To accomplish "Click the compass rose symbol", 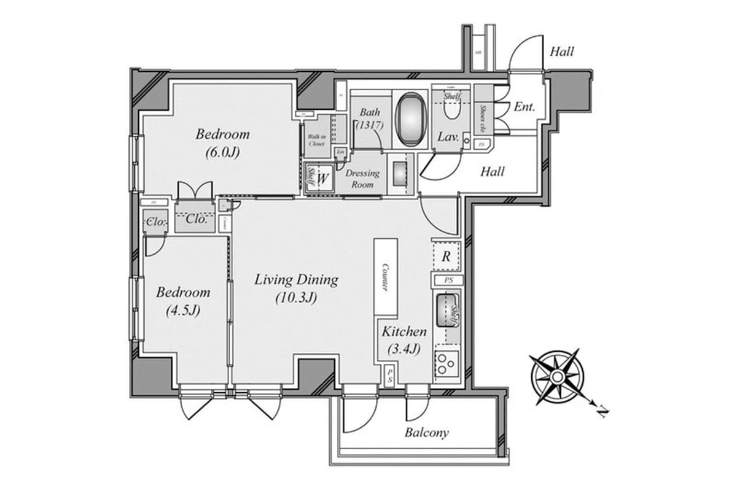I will click(x=556, y=376).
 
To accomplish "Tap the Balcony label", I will click(x=426, y=433).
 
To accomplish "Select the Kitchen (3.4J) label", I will click(x=404, y=341).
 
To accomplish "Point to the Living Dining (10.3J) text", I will click(x=297, y=288).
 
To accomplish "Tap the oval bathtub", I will click(x=410, y=119).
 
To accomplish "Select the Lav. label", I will click(x=448, y=137).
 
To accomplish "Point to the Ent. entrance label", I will click(x=524, y=107).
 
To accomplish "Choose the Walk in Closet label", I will click(x=317, y=139).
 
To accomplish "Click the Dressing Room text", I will click(x=362, y=178).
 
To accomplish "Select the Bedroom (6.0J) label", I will click(x=222, y=143).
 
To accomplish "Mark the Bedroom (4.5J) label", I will click(x=183, y=301).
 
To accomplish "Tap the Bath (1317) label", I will click(x=370, y=118).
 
